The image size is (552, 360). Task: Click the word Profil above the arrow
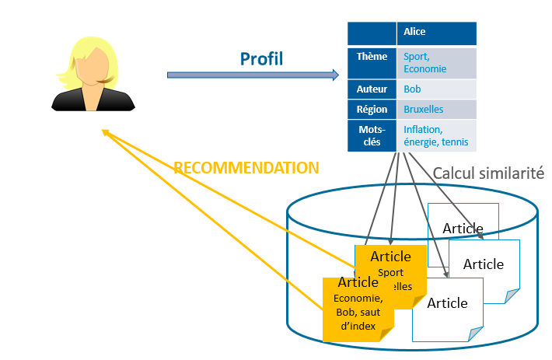(x=261, y=58)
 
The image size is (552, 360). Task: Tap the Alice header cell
(x=436, y=33)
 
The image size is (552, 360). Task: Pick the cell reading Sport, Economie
(x=436, y=62)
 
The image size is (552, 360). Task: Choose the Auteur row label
(x=372, y=89)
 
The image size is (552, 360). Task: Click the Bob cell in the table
(x=436, y=89)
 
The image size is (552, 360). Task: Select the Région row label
(x=372, y=110)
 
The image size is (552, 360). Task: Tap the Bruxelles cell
(x=436, y=110)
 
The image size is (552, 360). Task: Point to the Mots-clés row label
(x=372, y=135)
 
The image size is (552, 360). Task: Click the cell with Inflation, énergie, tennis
(x=436, y=135)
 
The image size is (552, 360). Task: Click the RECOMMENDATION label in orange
(x=246, y=168)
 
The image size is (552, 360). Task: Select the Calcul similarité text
(x=487, y=174)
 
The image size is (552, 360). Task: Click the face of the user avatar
(x=91, y=67)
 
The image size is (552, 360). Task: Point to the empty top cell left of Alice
(x=372, y=33)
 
